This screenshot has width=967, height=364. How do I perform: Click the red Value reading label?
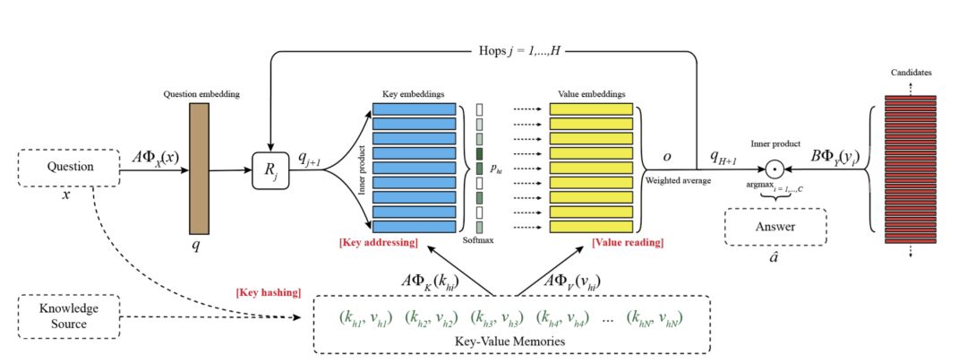coord(627,243)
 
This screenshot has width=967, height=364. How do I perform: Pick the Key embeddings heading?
coord(407,93)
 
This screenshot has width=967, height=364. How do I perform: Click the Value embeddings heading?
coord(591,93)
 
